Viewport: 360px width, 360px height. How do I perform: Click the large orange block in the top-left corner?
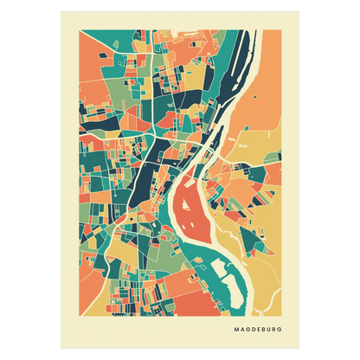[x=95, y=52]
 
